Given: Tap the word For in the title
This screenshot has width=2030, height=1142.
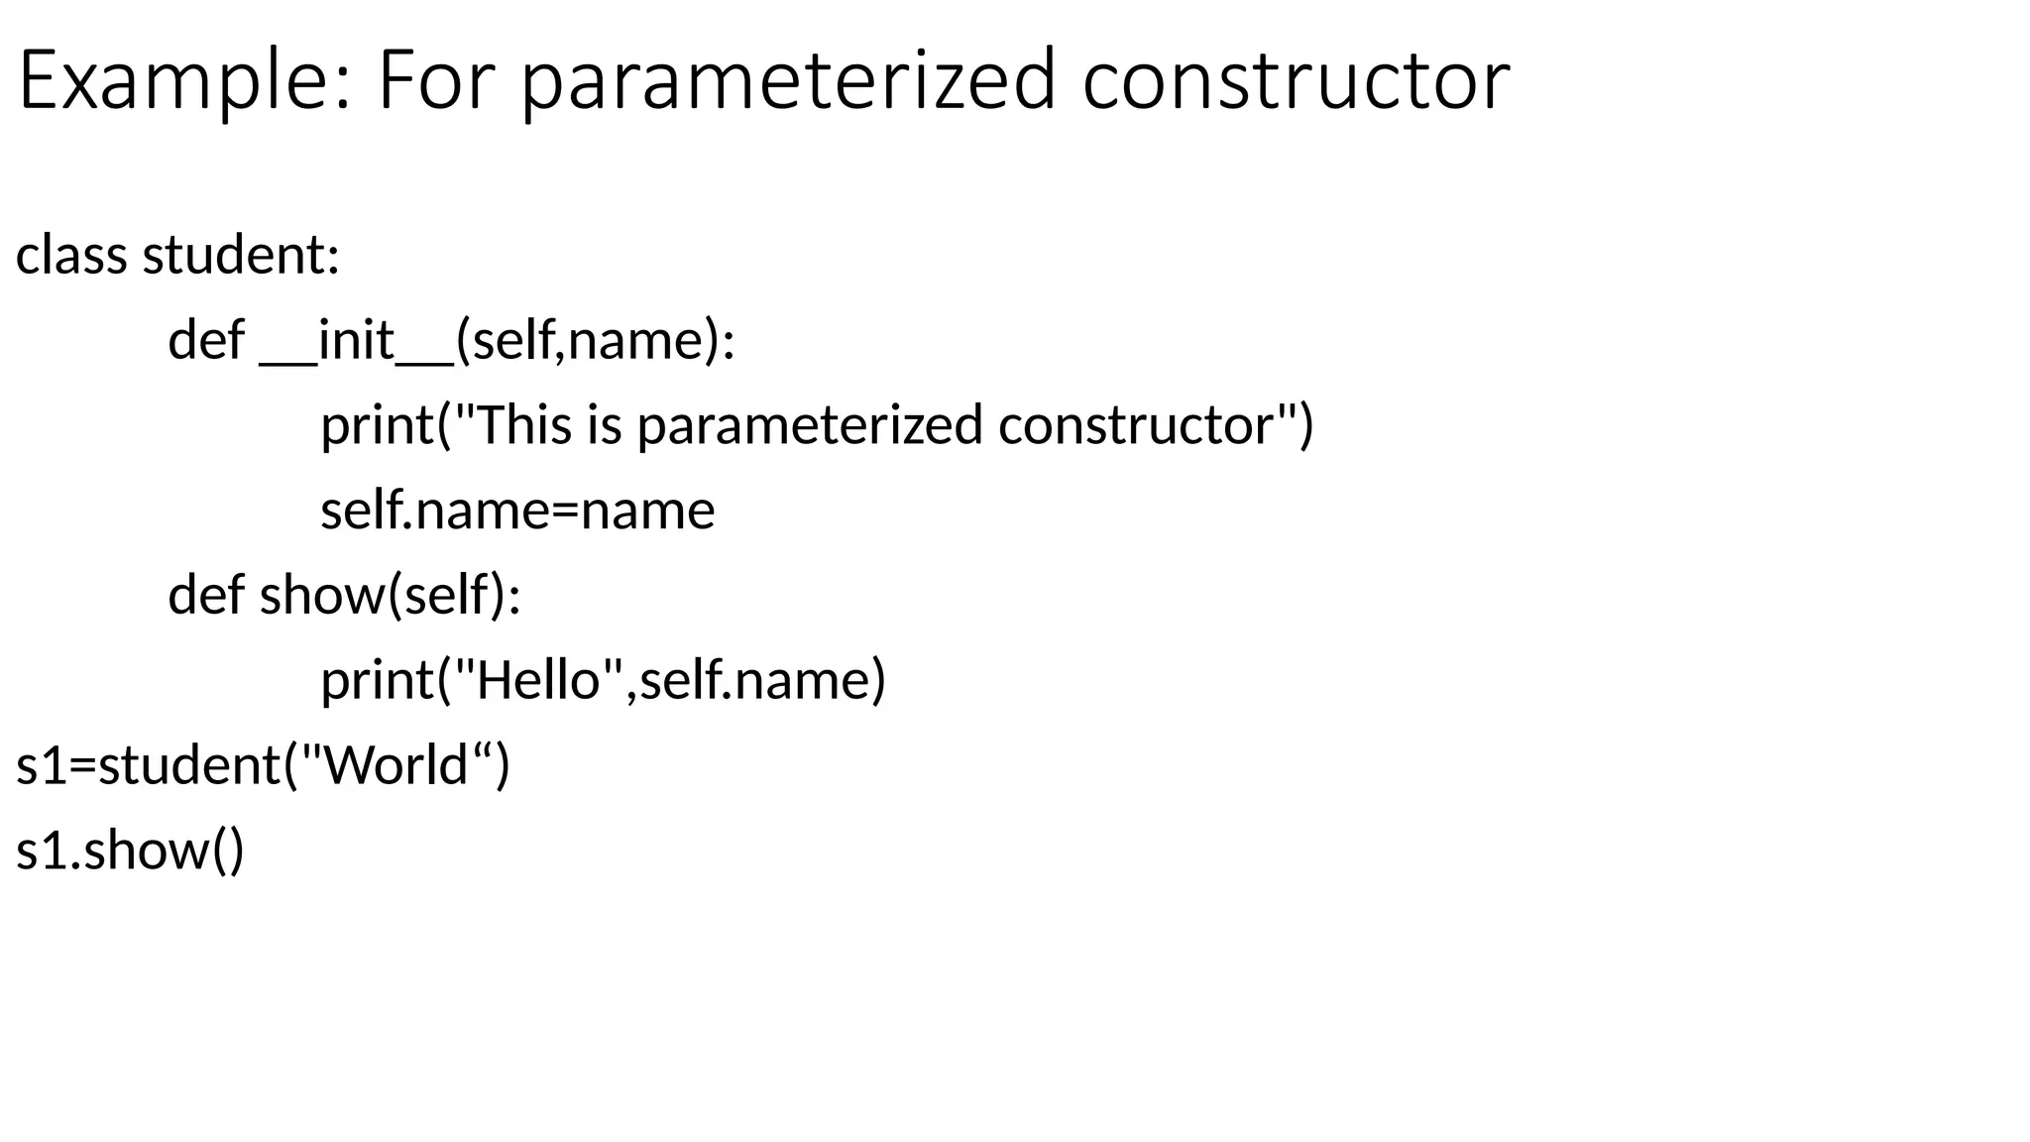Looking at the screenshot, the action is (434, 81).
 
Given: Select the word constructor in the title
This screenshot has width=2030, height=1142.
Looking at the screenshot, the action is (1296, 81).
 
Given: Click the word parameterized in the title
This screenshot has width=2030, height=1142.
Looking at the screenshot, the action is (789, 81).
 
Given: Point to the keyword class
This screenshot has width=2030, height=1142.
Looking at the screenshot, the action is (71, 255).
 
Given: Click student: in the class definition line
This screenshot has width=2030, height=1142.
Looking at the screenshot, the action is (241, 255).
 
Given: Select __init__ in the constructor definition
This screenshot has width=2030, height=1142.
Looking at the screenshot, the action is (357, 340).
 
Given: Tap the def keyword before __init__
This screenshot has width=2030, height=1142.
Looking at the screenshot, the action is (206, 340).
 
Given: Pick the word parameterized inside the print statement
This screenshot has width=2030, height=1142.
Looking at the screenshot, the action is (809, 425).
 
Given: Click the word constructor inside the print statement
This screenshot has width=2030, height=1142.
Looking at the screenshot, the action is (1136, 425).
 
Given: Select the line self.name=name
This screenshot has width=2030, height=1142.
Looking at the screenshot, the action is (516, 511).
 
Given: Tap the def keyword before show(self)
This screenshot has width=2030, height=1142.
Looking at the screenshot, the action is (206, 595).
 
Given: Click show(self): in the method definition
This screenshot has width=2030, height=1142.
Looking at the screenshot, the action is (390, 595).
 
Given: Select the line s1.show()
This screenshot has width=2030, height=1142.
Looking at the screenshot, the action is (130, 851).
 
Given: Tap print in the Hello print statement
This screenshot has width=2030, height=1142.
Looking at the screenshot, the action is (378, 680).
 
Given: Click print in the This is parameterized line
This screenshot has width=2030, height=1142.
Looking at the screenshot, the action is (378, 425).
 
